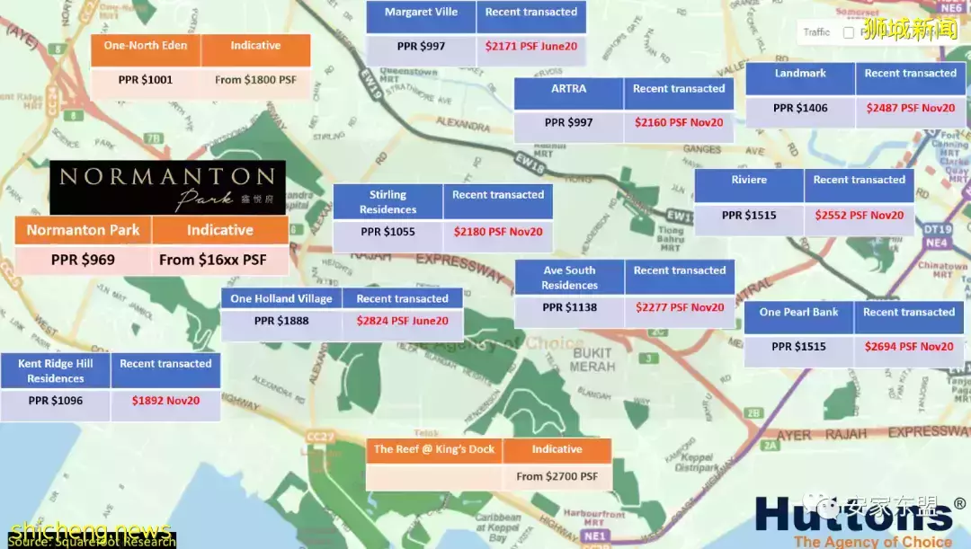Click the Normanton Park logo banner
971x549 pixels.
click(x=167, y=187)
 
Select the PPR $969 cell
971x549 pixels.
click(x=83, y=260)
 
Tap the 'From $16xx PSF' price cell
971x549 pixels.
click(x=219, y=260)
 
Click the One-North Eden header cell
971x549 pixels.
click(x=146, y=46)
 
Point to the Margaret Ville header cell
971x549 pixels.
click(x=421, y=13)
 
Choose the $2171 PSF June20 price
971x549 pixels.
click(x=531, y=46)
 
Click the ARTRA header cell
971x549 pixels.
click(x=568, y=89)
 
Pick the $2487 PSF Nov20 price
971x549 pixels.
click(x=910, y=108)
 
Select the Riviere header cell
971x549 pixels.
click(x=749, y=180)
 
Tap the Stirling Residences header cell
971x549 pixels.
click(x=388, y=201)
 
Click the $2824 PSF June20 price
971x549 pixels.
click(x=402, y=321)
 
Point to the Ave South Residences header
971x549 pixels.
click(x=569, y=277)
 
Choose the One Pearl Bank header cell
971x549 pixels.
click(x=798, y=313)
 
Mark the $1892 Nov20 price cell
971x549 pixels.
click(x=165, y=401)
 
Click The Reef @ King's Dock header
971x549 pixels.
click(x=434, y=449)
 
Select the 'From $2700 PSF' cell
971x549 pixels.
click(x=557, y=476)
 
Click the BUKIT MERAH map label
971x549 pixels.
click(x=592, y=359)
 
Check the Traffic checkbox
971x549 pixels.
click(x=849, y=32)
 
